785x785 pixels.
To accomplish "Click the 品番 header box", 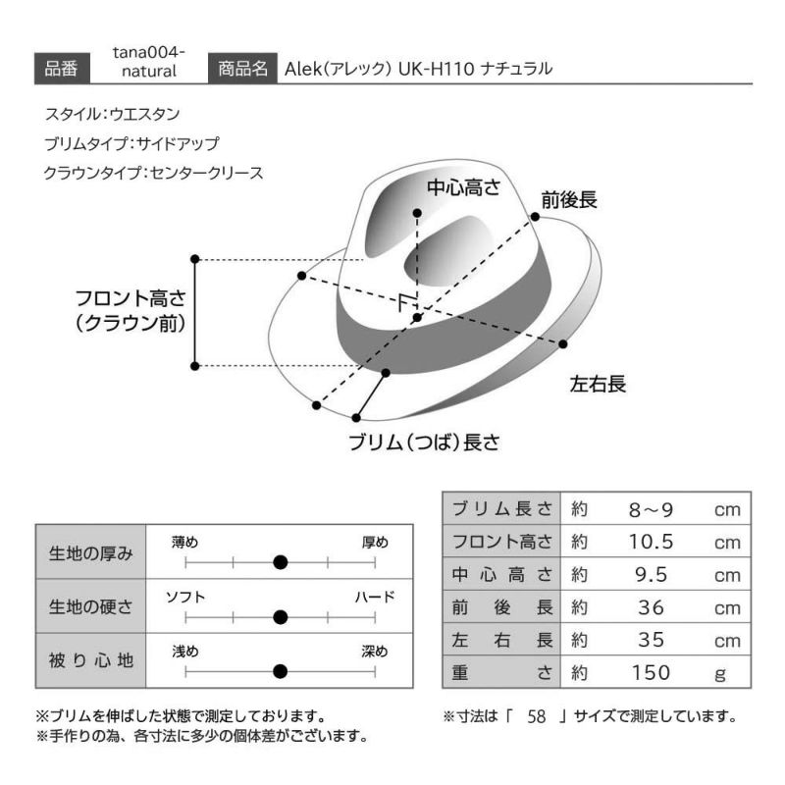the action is (x=62, y=68).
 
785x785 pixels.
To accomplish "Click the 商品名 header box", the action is (x=242, y=68).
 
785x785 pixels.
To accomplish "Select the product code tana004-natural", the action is (x=149, y=62).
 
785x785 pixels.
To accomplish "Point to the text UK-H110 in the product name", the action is (x=436, y=69).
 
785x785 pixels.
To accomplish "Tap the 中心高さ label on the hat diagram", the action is (x=463, y=187).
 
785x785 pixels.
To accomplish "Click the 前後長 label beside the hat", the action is (x=569, y=200).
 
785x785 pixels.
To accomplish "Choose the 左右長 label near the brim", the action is (x=598, y=384).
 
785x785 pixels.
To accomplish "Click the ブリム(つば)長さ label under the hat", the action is (x=424, y=443).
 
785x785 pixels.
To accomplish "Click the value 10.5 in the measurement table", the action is (x=651, y=542).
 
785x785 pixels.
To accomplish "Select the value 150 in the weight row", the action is (x=651, y=672).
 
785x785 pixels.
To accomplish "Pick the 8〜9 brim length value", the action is (x=651, y=509).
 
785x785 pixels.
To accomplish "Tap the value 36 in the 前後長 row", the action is (x=651, y=607).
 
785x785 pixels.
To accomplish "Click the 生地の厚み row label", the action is (x=90, y=553).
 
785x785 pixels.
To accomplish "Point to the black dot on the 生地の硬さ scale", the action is (x=281, y=617).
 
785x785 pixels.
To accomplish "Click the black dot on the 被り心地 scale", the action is (x=281, y=671).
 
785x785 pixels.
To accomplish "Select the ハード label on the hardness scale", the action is (x=375, y=597).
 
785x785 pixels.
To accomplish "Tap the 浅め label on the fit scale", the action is (x=185, y=652).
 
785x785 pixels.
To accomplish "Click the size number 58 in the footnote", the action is (x=536, y=716).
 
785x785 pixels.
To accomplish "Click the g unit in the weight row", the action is (x=720, y=674).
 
